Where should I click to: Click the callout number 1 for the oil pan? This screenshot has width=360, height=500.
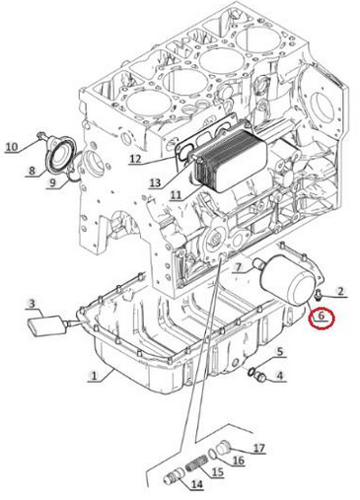pyautogui.click(x=94, y=375)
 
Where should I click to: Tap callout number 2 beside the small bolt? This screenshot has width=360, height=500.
pyautogui.click(x=340, y=291)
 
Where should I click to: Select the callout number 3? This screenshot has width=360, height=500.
pyautogui.click(x=32, y=304)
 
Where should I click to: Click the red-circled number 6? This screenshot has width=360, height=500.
pyautogui.click(x=322, y=316)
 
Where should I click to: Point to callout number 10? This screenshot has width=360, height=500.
pyautogui.click(x=12, y=146)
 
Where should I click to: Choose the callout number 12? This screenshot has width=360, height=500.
pyautogui.click(x=135, y=159)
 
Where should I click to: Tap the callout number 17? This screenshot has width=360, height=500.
pyautogui.click(x=258, y=448)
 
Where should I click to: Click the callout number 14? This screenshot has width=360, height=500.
pyautogui.click(x=196, y=484)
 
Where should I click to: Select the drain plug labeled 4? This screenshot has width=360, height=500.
pyautogui.click(x=261, y=378)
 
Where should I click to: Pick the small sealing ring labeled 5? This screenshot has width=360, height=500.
pyautogui.click(x=251, y=372)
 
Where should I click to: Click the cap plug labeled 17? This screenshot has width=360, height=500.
pyautogui.click(x=225, y=448)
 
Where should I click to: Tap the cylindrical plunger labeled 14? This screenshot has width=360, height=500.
pyautogui.click(x=174, y=477)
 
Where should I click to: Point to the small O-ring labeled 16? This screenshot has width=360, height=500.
pyautogui.click(x=212, y=455)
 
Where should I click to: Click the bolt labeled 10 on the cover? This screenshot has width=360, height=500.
pyautogui.click(x=41, y=135)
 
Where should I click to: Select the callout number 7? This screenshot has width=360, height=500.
pyautogui.click(x=237, y=268)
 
